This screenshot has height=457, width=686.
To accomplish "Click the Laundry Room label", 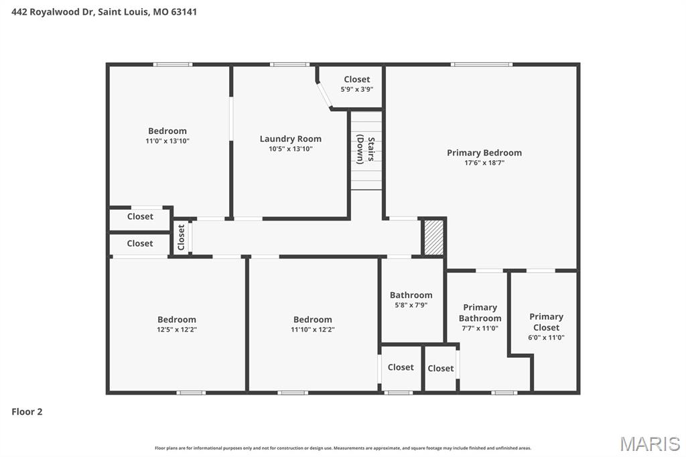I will coord(291,139).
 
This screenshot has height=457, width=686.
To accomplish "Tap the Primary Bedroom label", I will coord(484,153).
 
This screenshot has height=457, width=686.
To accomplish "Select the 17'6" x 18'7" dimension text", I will coord(484,163).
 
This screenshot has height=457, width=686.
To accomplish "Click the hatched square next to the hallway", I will coord(434,237).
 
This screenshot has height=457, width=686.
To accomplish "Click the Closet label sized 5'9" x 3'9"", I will coord(356,79).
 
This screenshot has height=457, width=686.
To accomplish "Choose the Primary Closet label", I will coord(546,322).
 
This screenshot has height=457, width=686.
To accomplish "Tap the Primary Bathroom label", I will coord(480,313).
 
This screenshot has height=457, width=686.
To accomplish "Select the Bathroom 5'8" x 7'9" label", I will coord(411,295).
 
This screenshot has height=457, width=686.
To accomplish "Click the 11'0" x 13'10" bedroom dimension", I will coord(167,141).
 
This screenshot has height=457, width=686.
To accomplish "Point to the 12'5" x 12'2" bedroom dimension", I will coord(177,330).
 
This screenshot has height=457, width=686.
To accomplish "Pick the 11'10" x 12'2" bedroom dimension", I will coord(312,330).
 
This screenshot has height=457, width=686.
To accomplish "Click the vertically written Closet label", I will coord(181,237).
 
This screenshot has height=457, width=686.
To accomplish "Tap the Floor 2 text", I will coord(27,411).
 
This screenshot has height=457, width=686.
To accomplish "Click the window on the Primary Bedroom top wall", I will coord(481,64).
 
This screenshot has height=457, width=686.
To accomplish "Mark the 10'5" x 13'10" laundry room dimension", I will coord(291,149).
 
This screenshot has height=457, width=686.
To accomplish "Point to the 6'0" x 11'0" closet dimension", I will coord(546,338).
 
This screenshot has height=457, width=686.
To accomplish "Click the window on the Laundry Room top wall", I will coord(289,64).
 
